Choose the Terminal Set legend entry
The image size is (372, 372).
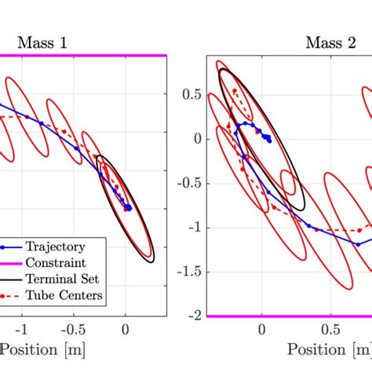point(62,280)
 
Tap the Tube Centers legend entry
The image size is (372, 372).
point(62,296)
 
